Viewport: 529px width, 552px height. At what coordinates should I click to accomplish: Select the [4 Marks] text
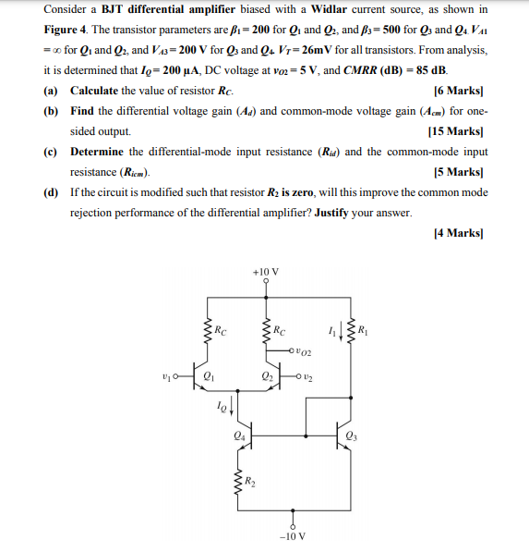coord(461,233)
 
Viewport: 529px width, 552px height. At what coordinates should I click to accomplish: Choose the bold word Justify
coord(333,213)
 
